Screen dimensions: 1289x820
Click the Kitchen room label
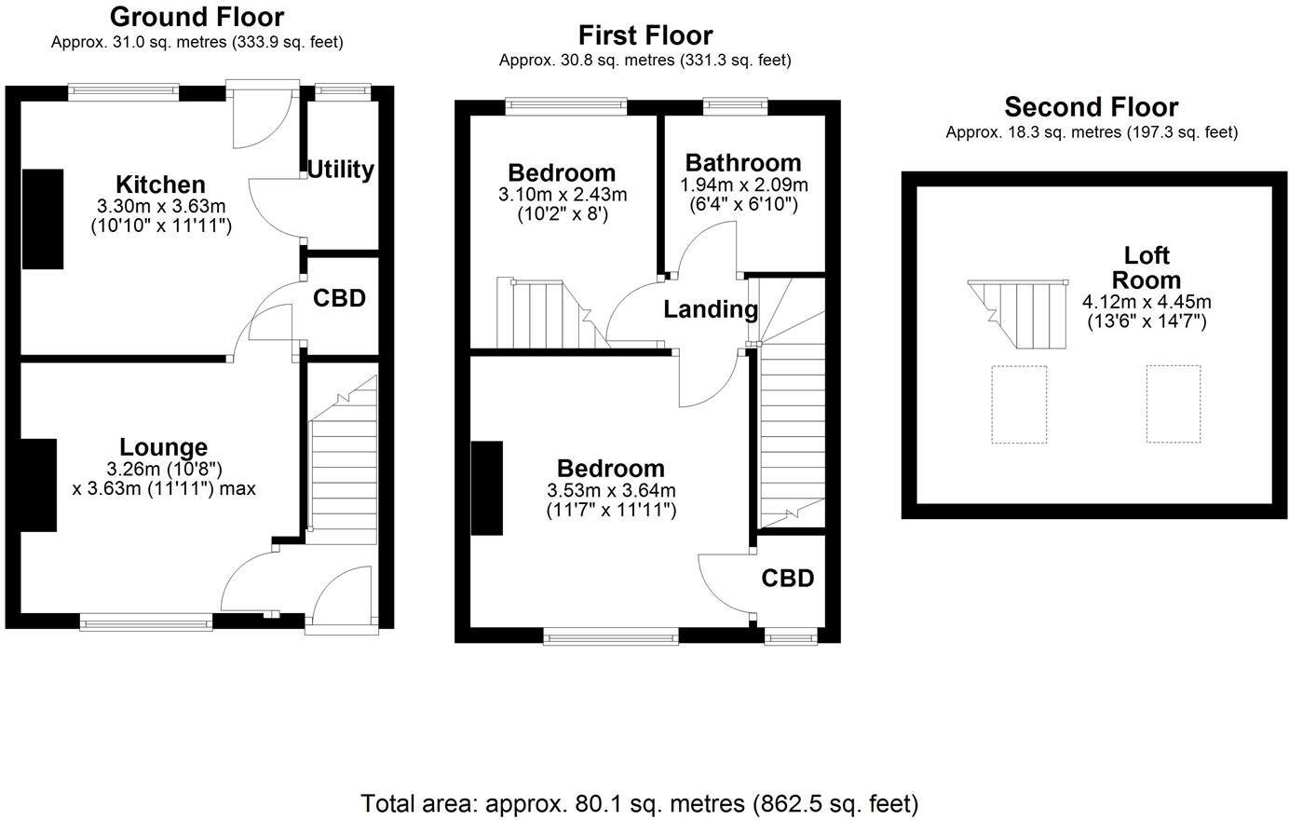tap(160, 184)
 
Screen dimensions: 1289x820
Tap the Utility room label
tap(341, 170)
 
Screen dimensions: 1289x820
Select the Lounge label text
tap(163, 448)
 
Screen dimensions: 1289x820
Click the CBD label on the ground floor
tap(339, 298)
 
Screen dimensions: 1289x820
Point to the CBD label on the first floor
tap(788, 579)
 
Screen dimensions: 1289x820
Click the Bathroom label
tap(743, 163)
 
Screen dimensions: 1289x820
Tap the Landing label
tap(711, 309)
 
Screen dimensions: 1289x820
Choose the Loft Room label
tap(1147, 268)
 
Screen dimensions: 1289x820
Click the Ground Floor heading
tap(197, 17)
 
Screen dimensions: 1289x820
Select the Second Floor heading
tap(1091, 107)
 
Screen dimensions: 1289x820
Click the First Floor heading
tap(644, 35)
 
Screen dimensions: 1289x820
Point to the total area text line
tap(640, 803)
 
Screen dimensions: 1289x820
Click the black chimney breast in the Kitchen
tap(43, 219)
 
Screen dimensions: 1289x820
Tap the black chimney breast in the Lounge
tap(38, 485)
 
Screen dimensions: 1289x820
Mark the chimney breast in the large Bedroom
tap(486, 488)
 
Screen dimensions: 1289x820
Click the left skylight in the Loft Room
tap(1019, 404)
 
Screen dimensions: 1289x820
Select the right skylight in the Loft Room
tap(1173, 404)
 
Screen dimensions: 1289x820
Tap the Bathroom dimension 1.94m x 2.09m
tap(743, 184)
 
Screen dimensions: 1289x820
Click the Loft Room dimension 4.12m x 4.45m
tap(1147, 302)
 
